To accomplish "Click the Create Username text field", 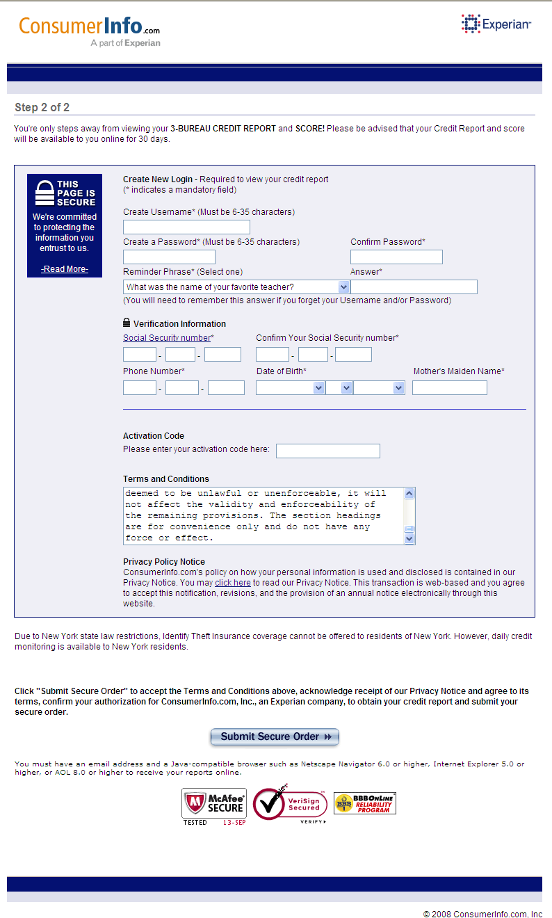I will click(x=186, y=227).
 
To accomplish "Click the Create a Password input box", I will click(x=169, y=257).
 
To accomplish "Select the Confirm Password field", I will click(x=396, y=257).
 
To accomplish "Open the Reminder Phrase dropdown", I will click(x=236, y=287).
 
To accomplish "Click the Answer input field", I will click(x=414, y=287).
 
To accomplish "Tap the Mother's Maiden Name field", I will click(x=449, y=388).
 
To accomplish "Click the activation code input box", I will click(x=328, y=451).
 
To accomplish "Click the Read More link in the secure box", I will click(x=65, y=269).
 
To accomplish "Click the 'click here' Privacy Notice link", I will click(x=233, y=583).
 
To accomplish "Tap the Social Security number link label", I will click(x=167, y=338).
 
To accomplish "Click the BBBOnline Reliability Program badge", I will click(x=365, y=803).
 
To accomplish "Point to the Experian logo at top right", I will click(x=496, y=24).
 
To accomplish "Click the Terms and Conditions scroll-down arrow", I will click(x=409, y=538).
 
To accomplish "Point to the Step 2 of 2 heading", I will click(x=42, y=108).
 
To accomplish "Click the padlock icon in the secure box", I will click(x=45, y=193).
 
